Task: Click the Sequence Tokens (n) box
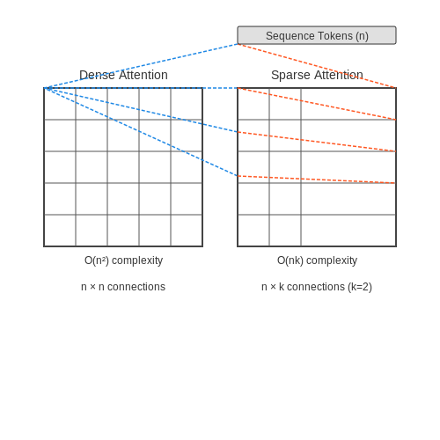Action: pyautogui.click(x=317, y=35)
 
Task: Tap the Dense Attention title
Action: pyautogui.click(x=123, y=75)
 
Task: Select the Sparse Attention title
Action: pyautogui.click(x=317, y=75)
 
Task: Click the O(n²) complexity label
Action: pyautogui.click(x=123, y=260)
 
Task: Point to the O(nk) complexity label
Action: pyautogui.click(x=317, y=260)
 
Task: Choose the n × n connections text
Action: pyautogui.click(x=123, y=287)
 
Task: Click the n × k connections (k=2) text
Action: pyautogui.click(x=317, y=287)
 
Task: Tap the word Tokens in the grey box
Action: pyautogui.click(x=335, y=36)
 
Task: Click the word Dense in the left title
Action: pyautogui.click(x=98, y=75)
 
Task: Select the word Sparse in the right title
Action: pyautogui.click(x=290, y=76)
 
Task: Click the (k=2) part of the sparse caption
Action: pyautogui.click(x=360, y=287)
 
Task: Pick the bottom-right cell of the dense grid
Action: pyautogui.click(x=187, y=231)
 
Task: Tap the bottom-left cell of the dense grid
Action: pyautogui.click(x=60, y=231)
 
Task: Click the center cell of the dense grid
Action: pyautogui.click(x=123, y=167)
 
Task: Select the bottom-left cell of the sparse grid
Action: pyautogui.click(x=253, y=231)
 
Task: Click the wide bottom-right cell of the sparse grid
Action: pyautogui.click(x=348, y=231)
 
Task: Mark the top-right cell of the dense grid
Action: pyautogui.click(x=187, y=104)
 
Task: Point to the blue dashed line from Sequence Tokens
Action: pyautogui.click(x=141, y=66)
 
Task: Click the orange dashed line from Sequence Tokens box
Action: pyautogui.click(x=317, y=66)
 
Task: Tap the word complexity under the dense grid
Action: pyautogui.click(x=137, y=261)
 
